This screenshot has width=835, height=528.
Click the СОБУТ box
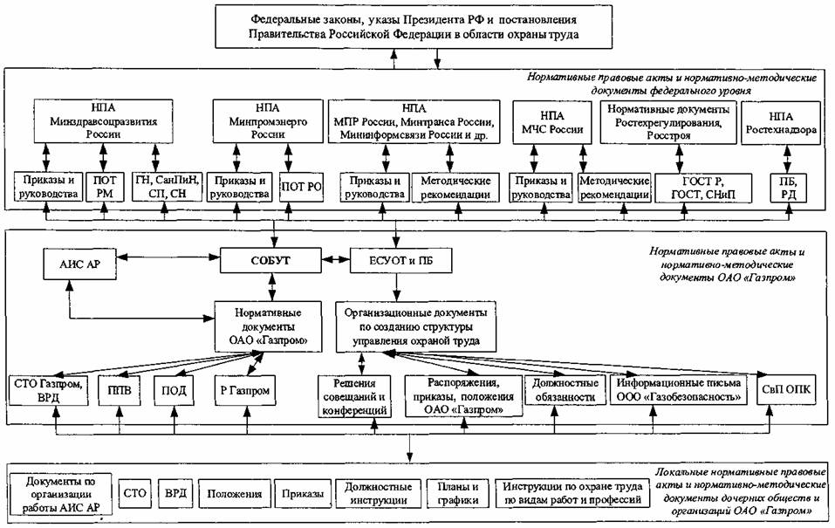pos(270,261)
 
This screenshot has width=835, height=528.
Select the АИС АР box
pos(80,264)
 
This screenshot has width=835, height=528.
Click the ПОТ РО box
pos(301,187)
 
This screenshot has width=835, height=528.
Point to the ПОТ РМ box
pos(105,187)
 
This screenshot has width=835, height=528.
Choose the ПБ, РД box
pos(788,188)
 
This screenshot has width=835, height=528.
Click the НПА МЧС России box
pos(552,122)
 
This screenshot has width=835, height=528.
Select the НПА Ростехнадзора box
pos(781,122)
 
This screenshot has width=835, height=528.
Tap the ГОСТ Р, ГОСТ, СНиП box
pos(703,188)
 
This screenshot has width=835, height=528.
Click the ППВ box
pos(120,390)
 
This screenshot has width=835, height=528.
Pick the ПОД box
pos(175,390)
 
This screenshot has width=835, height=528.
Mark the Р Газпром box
pos(245,390)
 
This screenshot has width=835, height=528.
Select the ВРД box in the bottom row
pos(175,493)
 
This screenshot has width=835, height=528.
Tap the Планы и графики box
pos(457,494)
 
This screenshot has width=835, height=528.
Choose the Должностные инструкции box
pos(378,494)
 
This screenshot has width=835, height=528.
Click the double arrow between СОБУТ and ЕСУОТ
pos(336,261)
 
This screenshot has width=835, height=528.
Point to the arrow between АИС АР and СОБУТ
pos(168,257)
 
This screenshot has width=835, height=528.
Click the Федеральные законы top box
pos(414,27)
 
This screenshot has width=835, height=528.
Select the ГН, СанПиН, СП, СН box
pos(168,187)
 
